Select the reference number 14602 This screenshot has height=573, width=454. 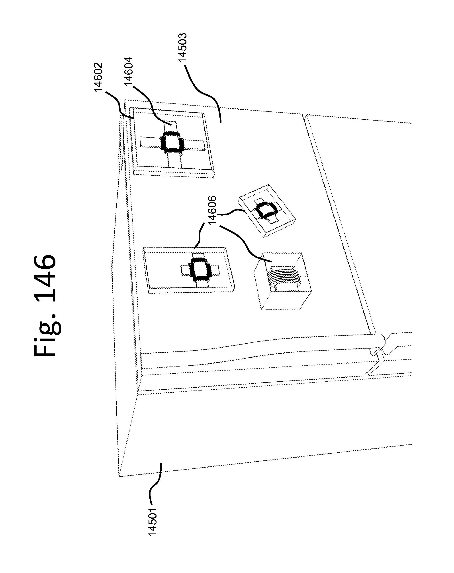point(98,77)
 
